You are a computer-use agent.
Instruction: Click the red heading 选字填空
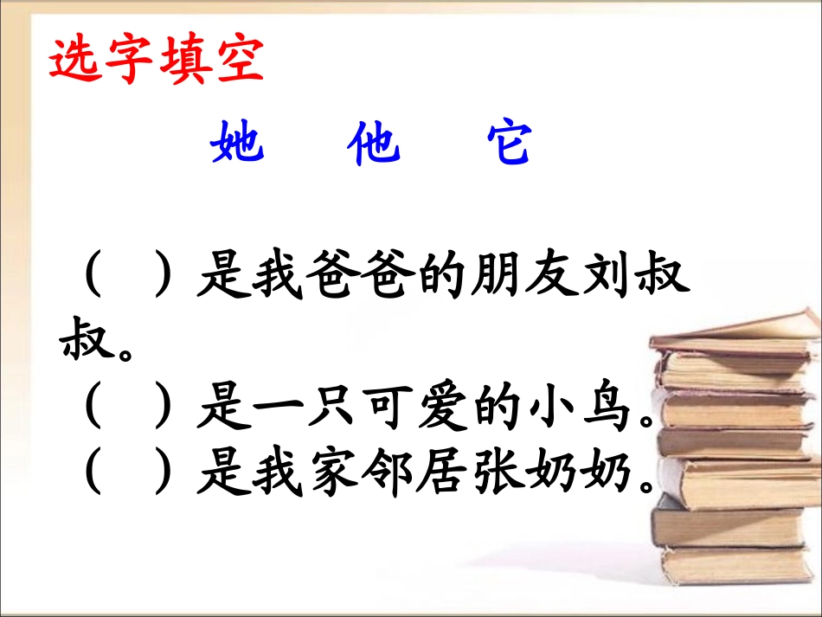click(x=156, y=61)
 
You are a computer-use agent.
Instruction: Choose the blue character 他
click(x=373, y=143)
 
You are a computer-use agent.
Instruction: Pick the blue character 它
click(x=508, y=143)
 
